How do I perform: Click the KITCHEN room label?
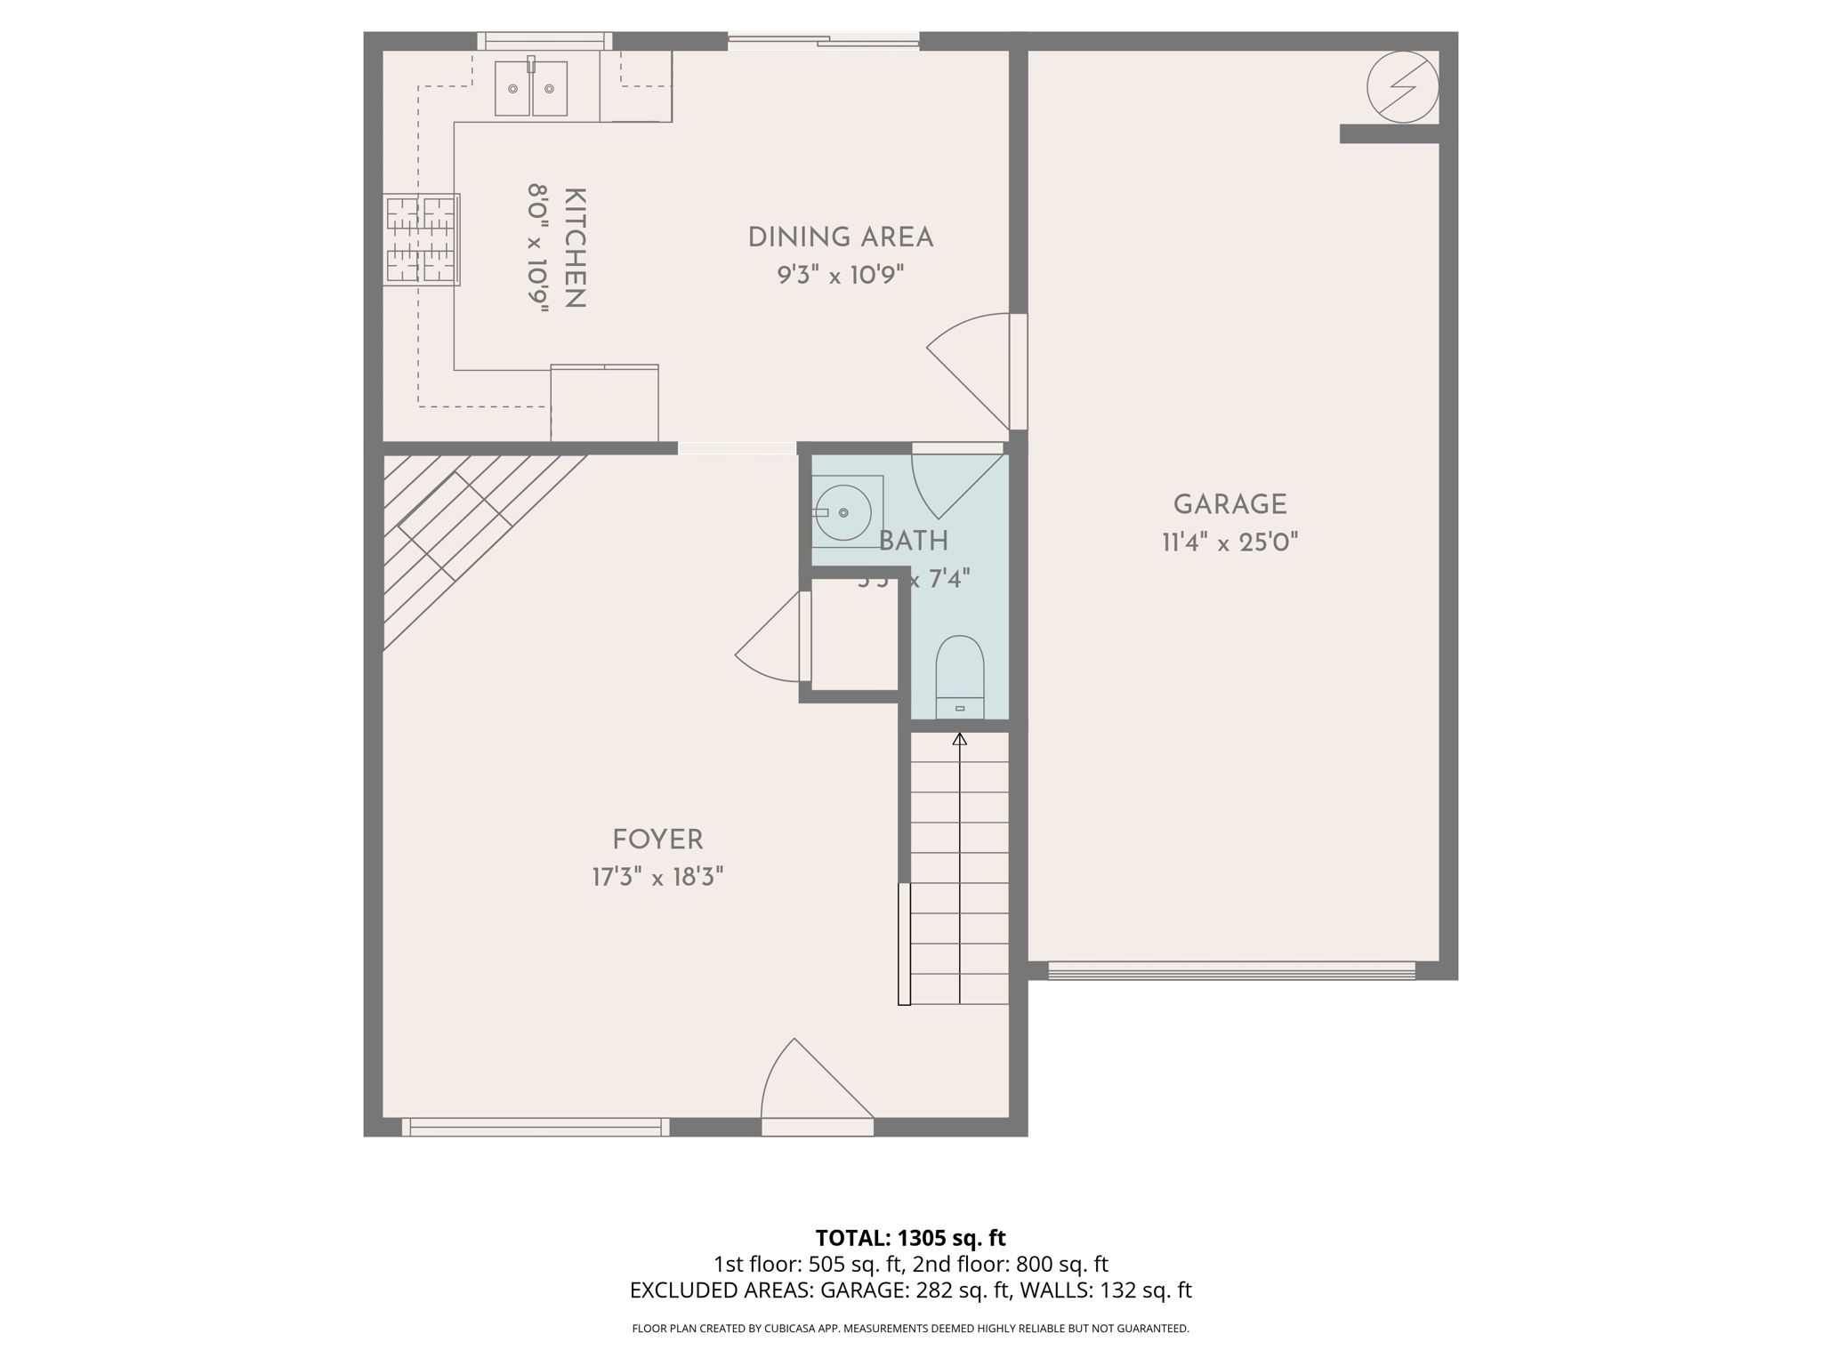(575, 248)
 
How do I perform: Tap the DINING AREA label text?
(840, 237)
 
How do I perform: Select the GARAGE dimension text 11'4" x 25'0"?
(1229, 542)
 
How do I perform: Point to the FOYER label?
(657, 840)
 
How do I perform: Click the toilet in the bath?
(959, 676)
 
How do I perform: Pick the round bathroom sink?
(842, 512)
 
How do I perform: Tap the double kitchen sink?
(531, 88)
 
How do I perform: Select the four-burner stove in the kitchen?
(421, 239)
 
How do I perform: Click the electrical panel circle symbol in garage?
(1402, 86)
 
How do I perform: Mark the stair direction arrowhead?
(959, 739)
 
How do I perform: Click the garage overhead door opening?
(1231, 970)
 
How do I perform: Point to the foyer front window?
(536, 1127)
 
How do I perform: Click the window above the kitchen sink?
(544, 41)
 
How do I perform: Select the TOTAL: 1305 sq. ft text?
(910, 1238)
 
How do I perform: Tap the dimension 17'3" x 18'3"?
(657, 878)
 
